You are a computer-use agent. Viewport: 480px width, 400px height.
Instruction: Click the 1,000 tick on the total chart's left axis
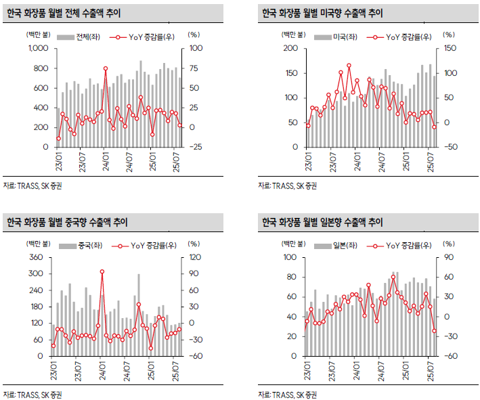point(37,49)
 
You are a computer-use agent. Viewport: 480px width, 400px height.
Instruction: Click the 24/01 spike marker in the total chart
point(105,68)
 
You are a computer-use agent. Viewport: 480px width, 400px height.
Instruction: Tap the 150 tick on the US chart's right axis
point(449,49)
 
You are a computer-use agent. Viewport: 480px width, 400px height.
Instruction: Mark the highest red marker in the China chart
point(102,272)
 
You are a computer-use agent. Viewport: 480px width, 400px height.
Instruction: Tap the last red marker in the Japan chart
point(435,330)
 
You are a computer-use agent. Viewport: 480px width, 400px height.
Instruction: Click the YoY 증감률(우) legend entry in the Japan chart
point(399,246)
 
